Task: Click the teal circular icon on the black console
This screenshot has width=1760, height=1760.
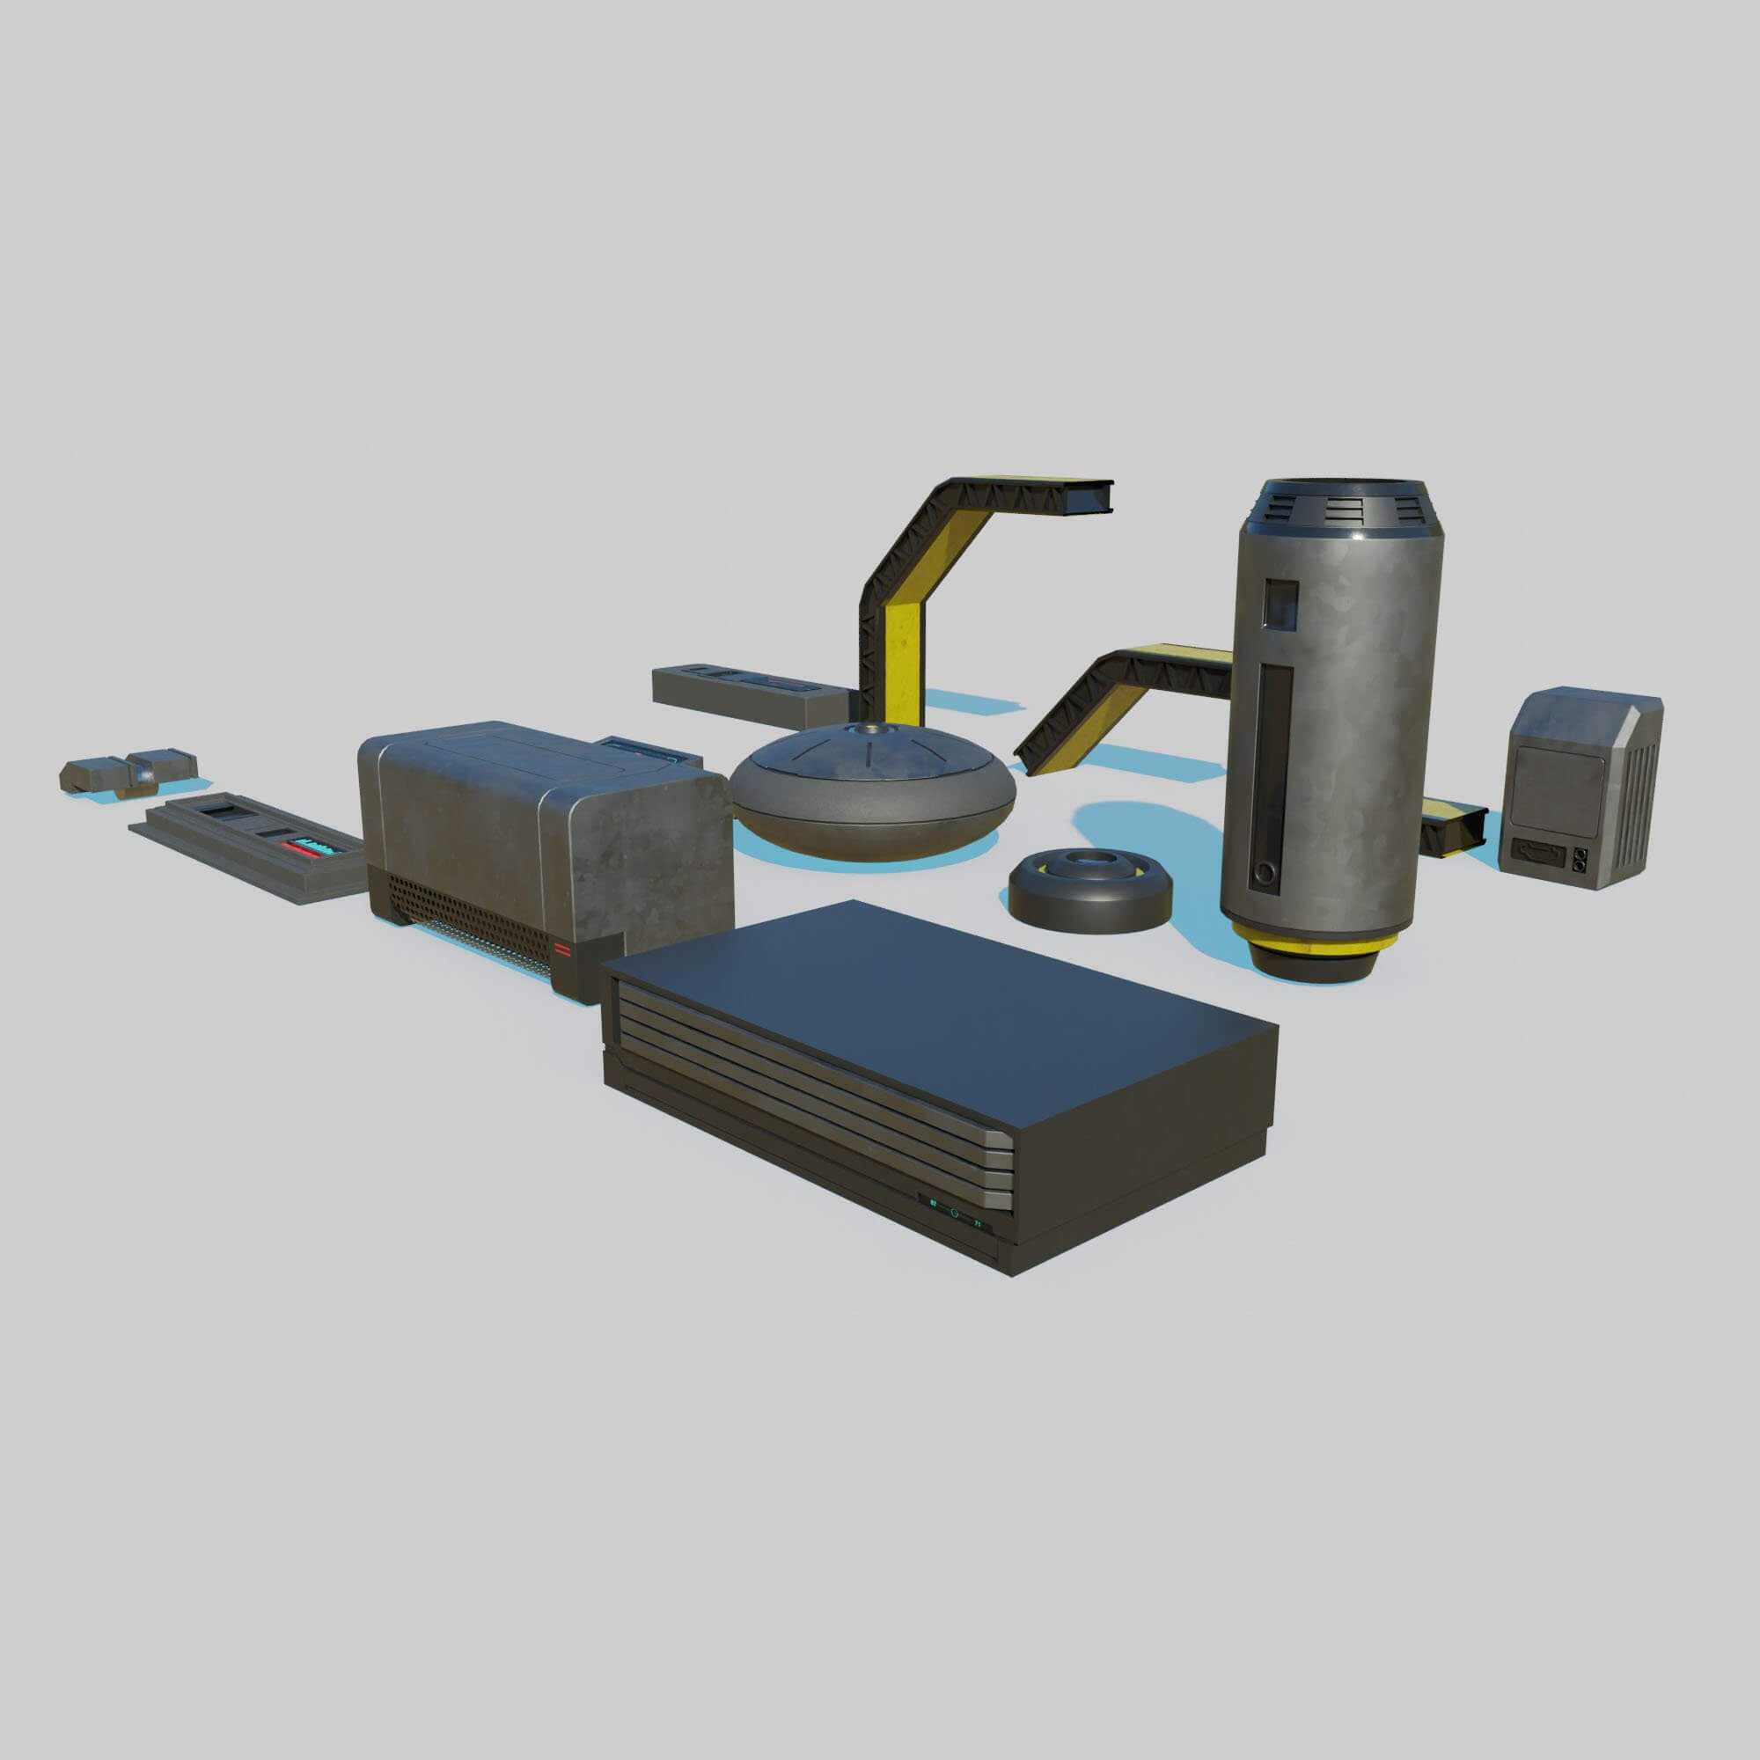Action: click(x=955, y=1213)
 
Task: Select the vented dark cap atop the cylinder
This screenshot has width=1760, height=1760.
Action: click(x=1337, y=510)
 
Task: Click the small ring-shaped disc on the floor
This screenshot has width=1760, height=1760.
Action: click(x=1089, y=888)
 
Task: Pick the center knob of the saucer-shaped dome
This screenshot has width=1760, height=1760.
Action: click(x=864, y=729)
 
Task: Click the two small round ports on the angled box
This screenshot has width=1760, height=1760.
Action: click(x=1579, y=856)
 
